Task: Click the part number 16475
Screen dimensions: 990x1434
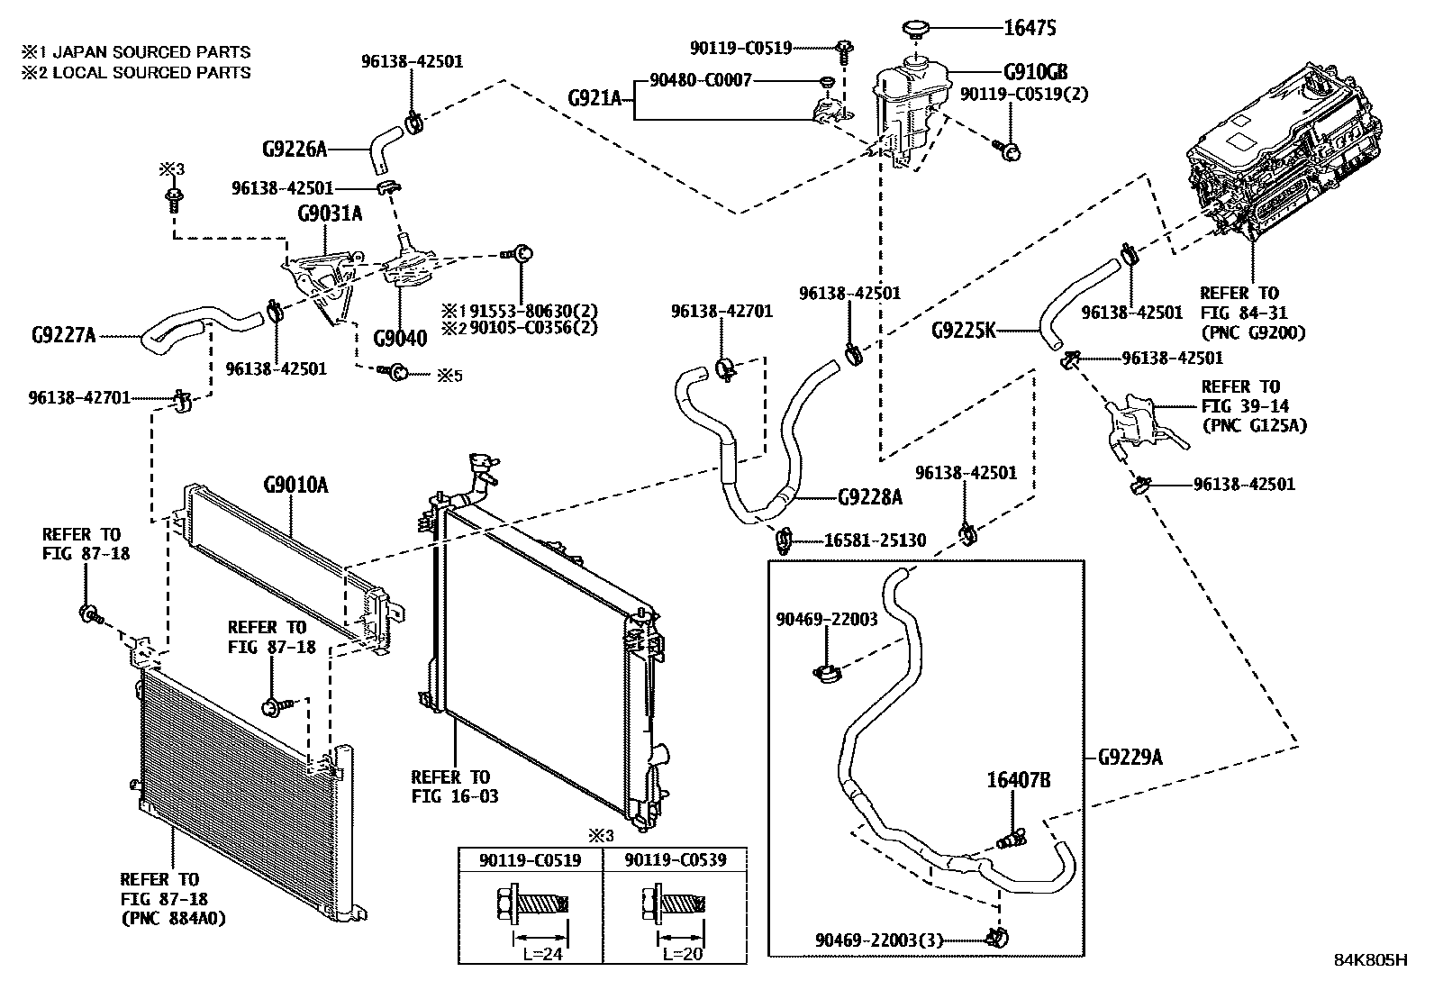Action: pos(1030,28)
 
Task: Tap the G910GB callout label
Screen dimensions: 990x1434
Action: pos(1036,72)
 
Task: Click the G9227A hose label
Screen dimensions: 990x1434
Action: pos(63,336)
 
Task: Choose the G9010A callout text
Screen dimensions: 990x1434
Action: pos(295,486)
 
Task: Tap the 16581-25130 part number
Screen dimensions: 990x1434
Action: pos(875,540)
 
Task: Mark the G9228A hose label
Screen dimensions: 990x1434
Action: pos(869,496)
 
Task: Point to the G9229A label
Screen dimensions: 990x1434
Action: pos(1130,757)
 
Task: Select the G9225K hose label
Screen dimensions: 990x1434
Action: pos(964,331)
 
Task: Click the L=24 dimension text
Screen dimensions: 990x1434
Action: pos(543,954)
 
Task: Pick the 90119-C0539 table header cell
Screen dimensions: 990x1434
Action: pos(675,859)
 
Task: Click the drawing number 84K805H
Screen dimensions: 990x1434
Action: pos(1370,959)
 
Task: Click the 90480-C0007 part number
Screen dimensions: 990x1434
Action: pos(700,81)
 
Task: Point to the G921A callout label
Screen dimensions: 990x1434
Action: pos(595,97)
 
